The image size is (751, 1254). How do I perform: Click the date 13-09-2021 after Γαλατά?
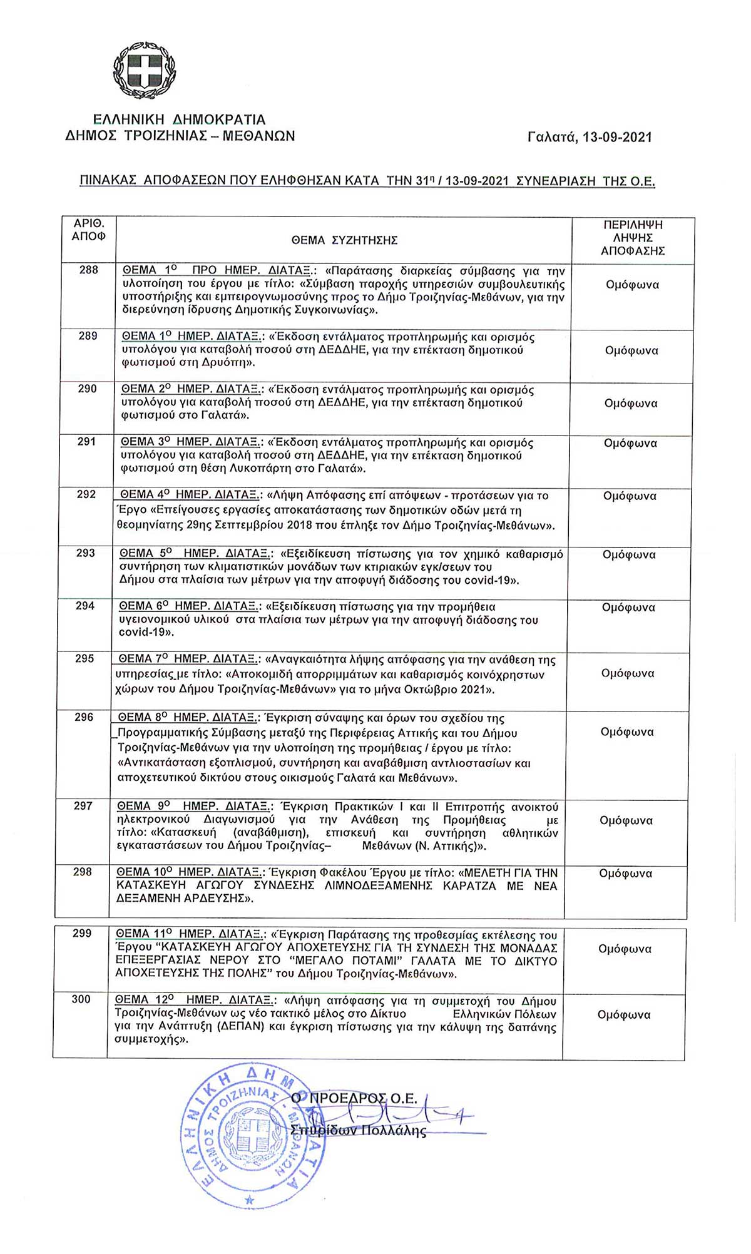(x=616, y=137)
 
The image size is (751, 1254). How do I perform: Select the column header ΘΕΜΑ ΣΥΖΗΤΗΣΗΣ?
(x=344, y=240)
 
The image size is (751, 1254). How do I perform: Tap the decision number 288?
(x=89, y=270)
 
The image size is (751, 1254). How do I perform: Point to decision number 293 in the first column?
(x=86, y=553)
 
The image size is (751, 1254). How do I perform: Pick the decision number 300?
(x=81, y=999)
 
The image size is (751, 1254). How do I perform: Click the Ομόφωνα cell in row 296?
(x=627, y=732)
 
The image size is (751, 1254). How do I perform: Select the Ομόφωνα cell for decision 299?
(x=625, y=949)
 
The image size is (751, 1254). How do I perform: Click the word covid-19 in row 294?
(x=144, y=633)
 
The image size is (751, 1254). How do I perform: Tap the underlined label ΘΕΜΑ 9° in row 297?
(x=145, y=807)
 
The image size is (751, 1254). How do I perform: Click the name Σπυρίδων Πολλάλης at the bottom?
(x=358, y=1131)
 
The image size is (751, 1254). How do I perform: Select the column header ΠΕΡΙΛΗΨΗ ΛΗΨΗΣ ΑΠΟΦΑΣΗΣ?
(x=633, y=238)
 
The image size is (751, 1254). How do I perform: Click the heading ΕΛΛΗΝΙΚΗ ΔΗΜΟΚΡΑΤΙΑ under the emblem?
(x=179, y=120)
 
